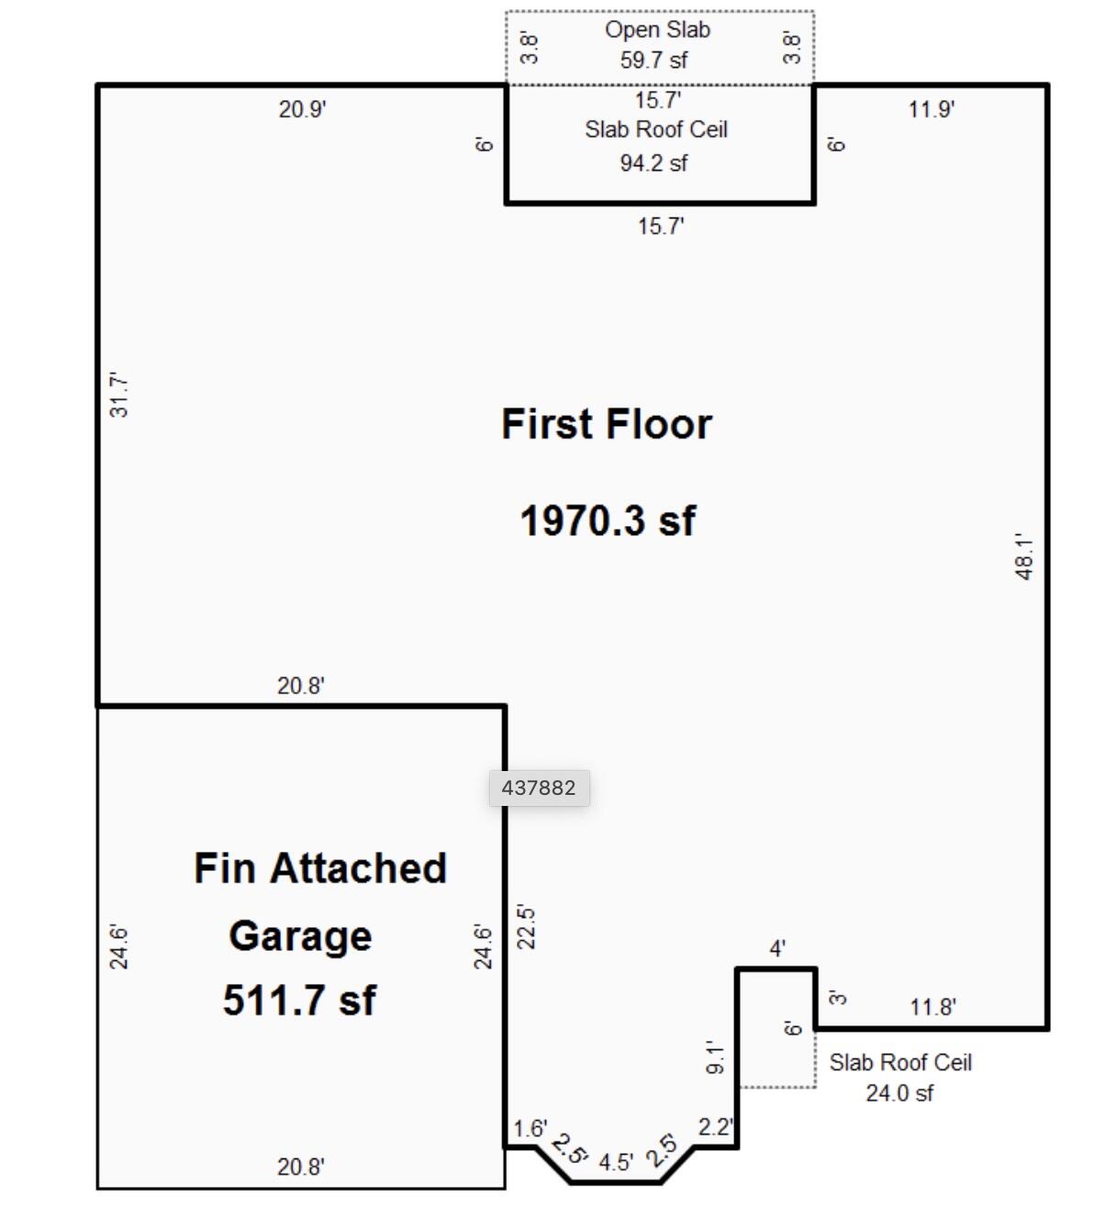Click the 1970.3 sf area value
[x=608, y=520]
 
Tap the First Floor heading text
[x=606, y=424]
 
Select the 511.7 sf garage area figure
[x=299, y=1000]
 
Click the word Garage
[x=300, y=936]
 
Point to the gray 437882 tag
[x=539, y=788]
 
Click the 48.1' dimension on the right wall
[x=1024, y=556]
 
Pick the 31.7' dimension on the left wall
[x=119, y=395]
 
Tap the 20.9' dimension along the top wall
[x=302, y=109]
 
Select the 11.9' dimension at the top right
[x=932, y=109]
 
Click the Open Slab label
[x=657, y=29]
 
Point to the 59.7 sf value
[x=653, y=61]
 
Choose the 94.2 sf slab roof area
[x=653, y=163]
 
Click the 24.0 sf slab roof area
[x=899, y=1093]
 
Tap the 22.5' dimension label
[x=527, y=927]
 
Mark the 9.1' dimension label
[x=716, y=1057]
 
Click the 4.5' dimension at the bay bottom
[x=616, y=1162]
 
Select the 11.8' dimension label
[x=932, y=1007]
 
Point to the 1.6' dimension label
[x=530, y=1128]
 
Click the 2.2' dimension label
[x=715, y=1126]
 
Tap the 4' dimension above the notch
[x=777, y=948]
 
